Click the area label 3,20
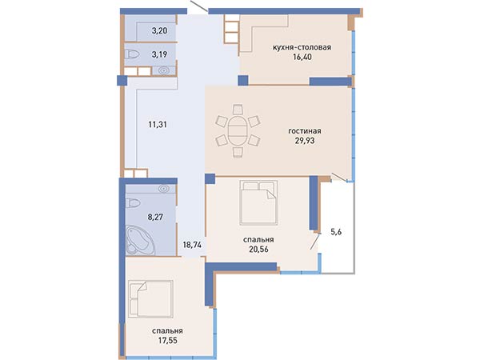pyautogui.click(x=159, y=30)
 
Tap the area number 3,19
pyautogui.click(x=159, y=54)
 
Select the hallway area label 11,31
pyautogui.click(x=158, y=125)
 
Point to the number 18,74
pyautogui.click(x=192, y=245)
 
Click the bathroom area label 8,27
pyautogui.click(x=155, y=218)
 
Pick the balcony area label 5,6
pyautogui.click(x=336, y=232)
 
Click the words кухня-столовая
pyautogui.click(x=302, y=47)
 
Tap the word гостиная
pyautogui.click(x=305, y=131)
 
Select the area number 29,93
pyautogui.click(x=305, y=141)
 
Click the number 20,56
pyautogui.click(x=258, y=249)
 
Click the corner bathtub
pyautogui.click(x=140, y=239)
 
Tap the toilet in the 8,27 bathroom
pyautogui.click(x=133, y=202)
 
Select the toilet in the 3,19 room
pyautogui.click(x=132, y=54)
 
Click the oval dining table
pyautogui.click(x=237, y=130)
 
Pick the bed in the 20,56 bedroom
pyautogui.click(x=259, y=203)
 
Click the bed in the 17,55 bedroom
pyautogui.click(x=150, y=299)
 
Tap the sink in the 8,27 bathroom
pyautogui.click(x=164, y=189)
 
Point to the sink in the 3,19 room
pyautogui.click(x=163, y=70)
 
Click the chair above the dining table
pyautogui.click(x=238, y=110)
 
